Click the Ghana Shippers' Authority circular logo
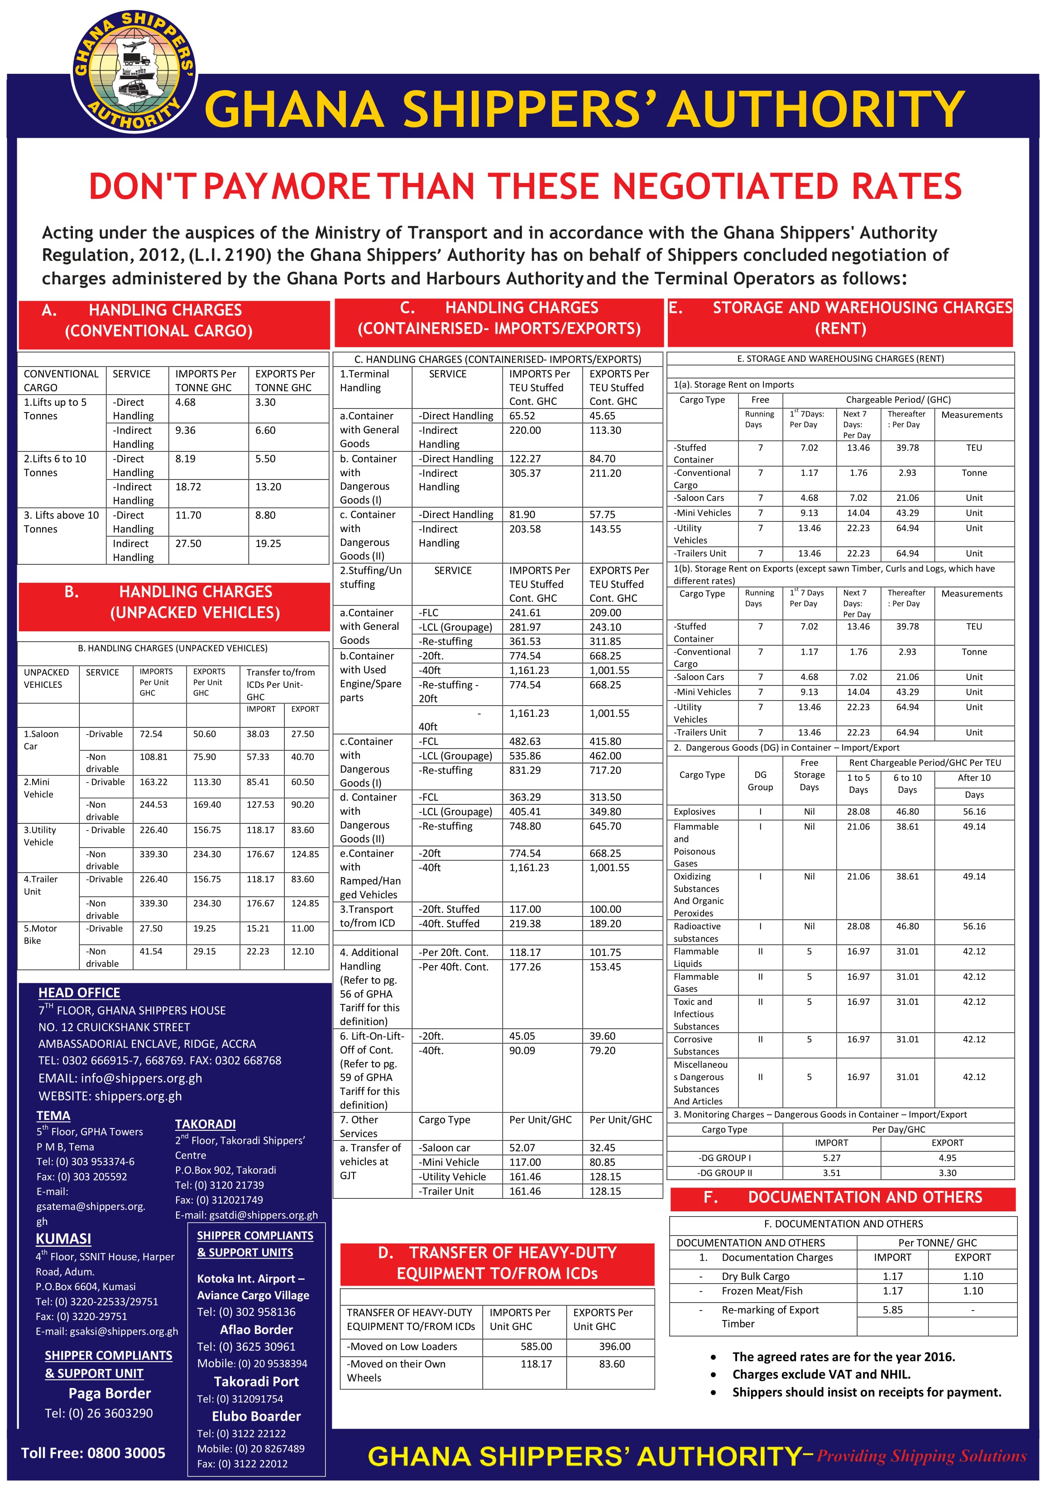point(134,71)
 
